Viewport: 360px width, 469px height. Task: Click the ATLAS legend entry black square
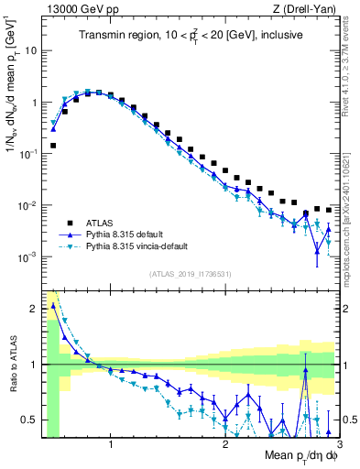coord(59,222)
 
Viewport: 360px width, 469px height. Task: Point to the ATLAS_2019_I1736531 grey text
coord(190,275)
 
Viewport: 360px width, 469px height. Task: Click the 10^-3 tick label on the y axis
coord(28,257)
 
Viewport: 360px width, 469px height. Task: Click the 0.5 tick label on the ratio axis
coord(30,420)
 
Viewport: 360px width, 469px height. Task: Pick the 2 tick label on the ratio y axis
coord(35,309)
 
